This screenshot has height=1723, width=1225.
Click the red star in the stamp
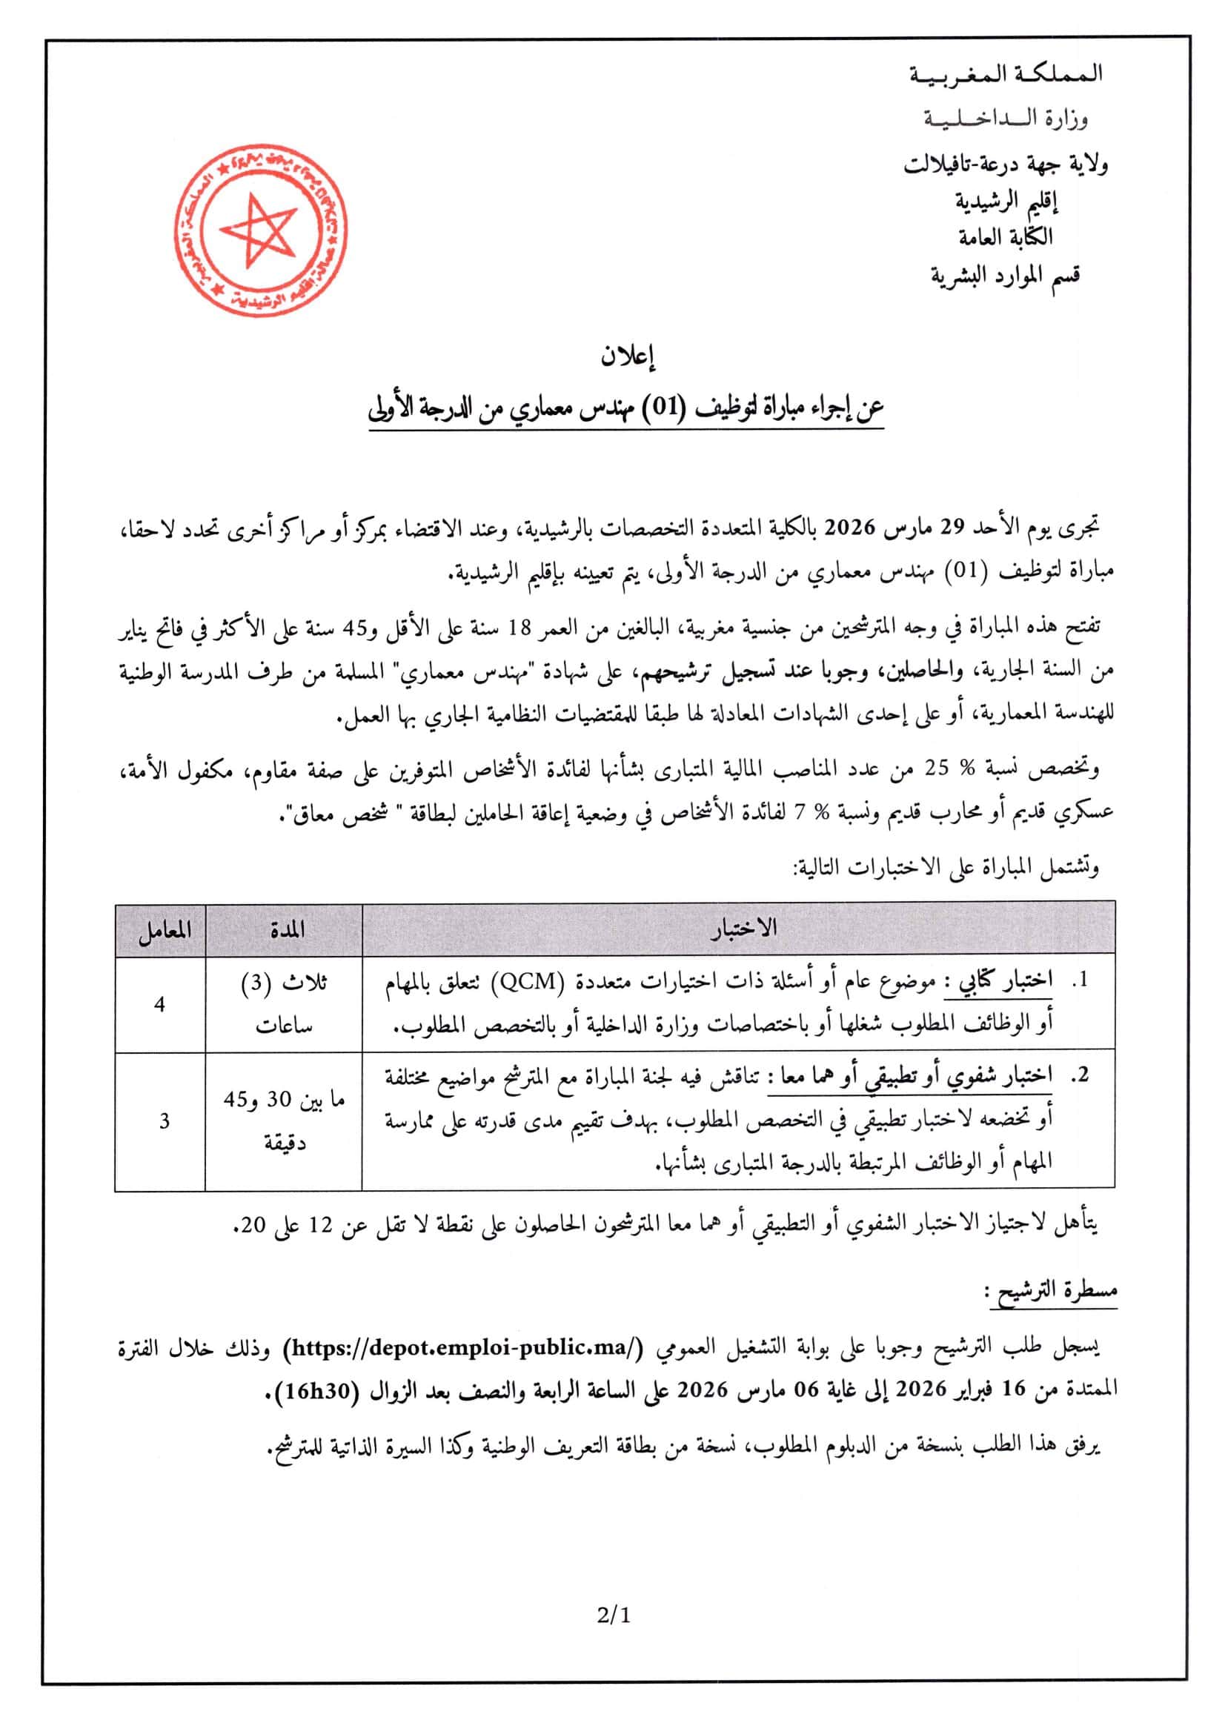(256, 230)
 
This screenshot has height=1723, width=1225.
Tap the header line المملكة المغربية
(1008, 74)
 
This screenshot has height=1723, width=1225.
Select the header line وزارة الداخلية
(1008, 119)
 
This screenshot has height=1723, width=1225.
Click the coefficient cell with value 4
(160, 1005)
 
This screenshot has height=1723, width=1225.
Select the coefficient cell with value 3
(165, 1122)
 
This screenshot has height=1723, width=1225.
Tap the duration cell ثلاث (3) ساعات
(284, 1005)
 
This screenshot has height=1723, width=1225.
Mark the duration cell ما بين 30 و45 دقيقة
(284, 1122)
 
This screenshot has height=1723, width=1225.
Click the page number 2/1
(611, 1615)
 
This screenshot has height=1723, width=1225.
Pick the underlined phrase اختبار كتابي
(1007, 981)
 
